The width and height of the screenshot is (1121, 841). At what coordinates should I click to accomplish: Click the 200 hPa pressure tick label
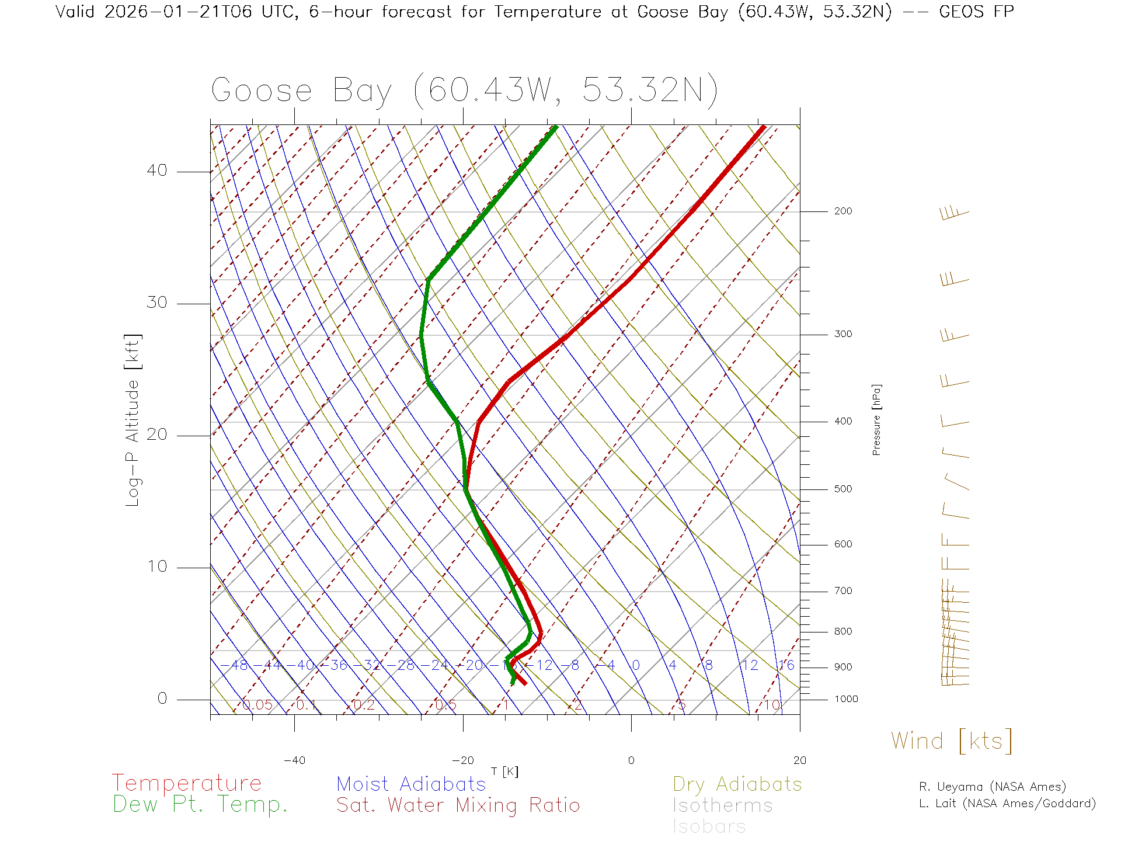(x=843, y=211)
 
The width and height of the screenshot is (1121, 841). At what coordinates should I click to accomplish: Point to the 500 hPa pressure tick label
(x=843, y=489)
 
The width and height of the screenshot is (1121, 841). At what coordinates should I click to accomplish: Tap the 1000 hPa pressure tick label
(x=845, y=699)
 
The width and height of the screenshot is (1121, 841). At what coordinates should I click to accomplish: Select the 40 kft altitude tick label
(x=156, y=171)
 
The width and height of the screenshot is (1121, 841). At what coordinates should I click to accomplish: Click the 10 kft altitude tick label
(x=156, y=567)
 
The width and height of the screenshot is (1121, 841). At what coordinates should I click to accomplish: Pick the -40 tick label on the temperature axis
(x=294, y=760)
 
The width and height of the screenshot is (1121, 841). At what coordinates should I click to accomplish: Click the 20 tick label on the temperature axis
(x=799, y=760)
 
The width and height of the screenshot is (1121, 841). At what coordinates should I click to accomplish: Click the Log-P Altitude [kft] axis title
(x=133, y=420)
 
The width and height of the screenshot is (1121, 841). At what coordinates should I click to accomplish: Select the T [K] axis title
(x=504, y=772)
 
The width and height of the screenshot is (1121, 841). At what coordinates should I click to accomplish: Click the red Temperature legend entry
(x=187, y=783)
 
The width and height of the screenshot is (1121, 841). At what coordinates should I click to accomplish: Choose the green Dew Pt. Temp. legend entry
(x=200, y=805)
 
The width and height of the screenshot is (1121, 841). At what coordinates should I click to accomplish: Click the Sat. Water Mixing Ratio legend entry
(x=458, y=805)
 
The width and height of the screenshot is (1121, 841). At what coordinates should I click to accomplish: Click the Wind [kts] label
(x=952, y=741)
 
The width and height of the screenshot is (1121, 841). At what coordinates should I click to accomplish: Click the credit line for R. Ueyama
(x=993, y=787)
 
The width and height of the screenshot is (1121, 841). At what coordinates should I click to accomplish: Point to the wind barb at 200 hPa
(x=954, y=213)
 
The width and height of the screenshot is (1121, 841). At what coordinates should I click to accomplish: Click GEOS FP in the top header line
(x=976, y=12)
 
